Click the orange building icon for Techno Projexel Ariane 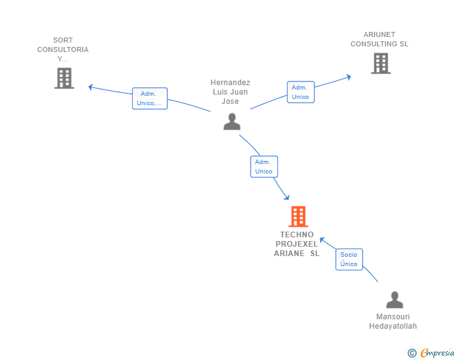coord(298,217)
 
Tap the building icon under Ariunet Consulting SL coord(380,63)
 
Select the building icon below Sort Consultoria coord(64,78)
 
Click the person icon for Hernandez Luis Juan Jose coord(232,121)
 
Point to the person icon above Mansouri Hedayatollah coord(395,300)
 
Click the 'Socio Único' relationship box coord(349,259)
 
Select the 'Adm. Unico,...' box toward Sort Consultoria coord(150,98)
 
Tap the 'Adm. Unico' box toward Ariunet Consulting coord(300,92)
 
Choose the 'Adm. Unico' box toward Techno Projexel coord(264,167)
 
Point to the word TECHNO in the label coord(297,235)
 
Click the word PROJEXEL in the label coord(297,244)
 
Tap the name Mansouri coord(393,316)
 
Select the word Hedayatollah coord(393,326)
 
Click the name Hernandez coord(231,82)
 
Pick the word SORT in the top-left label coord(63,40)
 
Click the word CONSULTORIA coord(63,49)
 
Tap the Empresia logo coord(437,353)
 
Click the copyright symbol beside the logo coord(412,353)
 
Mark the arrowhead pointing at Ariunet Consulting coord(348,76)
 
